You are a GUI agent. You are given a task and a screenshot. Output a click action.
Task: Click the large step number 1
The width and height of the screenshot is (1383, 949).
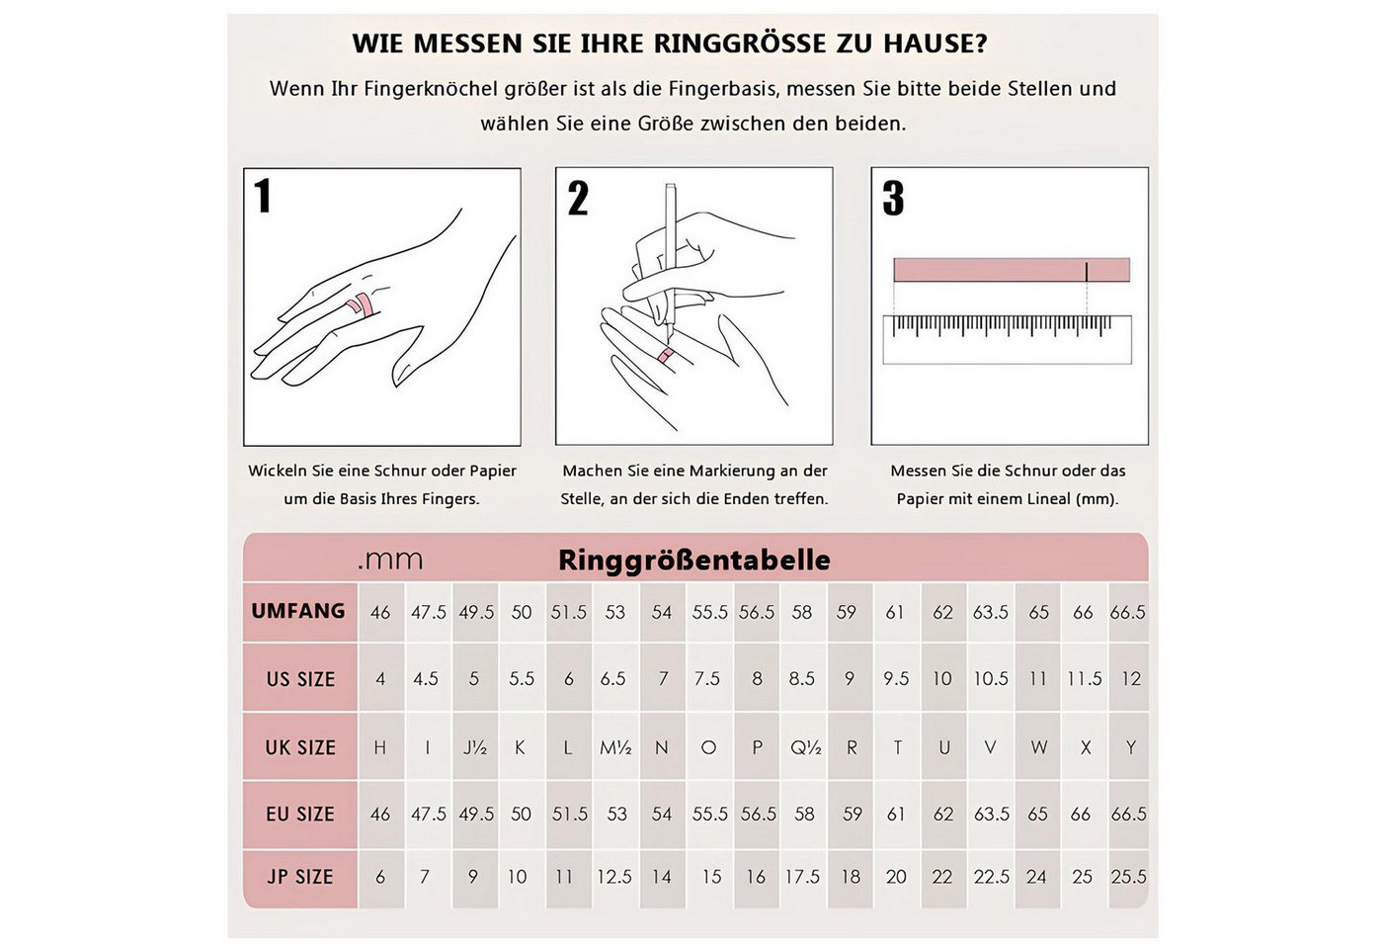pos(263,196)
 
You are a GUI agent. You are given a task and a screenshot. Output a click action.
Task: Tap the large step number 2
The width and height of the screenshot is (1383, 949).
pos(578,199)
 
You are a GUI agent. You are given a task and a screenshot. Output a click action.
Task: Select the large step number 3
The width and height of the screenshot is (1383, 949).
pos(893,199)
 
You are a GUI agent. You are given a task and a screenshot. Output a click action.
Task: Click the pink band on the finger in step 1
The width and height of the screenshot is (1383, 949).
pos(362,305)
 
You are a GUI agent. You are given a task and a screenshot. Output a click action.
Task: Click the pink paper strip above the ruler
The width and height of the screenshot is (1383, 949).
pos(1011,270)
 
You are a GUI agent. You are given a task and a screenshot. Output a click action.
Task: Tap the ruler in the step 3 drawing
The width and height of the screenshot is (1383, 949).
pos(1006,339)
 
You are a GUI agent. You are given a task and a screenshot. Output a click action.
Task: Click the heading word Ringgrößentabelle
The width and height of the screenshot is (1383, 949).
pos(693,561)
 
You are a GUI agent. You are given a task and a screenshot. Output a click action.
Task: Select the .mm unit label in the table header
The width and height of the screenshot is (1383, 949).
pos(390,561)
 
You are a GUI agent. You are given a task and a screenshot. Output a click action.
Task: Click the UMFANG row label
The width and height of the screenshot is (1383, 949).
pos(298,611)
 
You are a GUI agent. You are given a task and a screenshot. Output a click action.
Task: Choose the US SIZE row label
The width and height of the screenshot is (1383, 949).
pos(300,679)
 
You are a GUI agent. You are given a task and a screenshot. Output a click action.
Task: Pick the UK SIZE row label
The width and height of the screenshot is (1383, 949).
pos(300,747)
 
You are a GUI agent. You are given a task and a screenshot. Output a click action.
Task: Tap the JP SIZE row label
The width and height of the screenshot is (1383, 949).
pos(300,877)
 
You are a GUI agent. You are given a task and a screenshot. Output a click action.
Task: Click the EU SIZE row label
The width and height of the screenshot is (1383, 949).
pos(300,815)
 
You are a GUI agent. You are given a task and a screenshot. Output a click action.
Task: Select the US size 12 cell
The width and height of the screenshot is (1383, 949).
pos(1130,679)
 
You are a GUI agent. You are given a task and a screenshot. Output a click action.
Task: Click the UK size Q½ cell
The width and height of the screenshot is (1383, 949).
pos(805,747)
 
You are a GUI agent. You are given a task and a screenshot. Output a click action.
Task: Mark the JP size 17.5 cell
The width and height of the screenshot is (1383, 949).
pos(802,877)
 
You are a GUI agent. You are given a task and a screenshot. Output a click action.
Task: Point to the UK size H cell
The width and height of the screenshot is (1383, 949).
pos(380,747)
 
